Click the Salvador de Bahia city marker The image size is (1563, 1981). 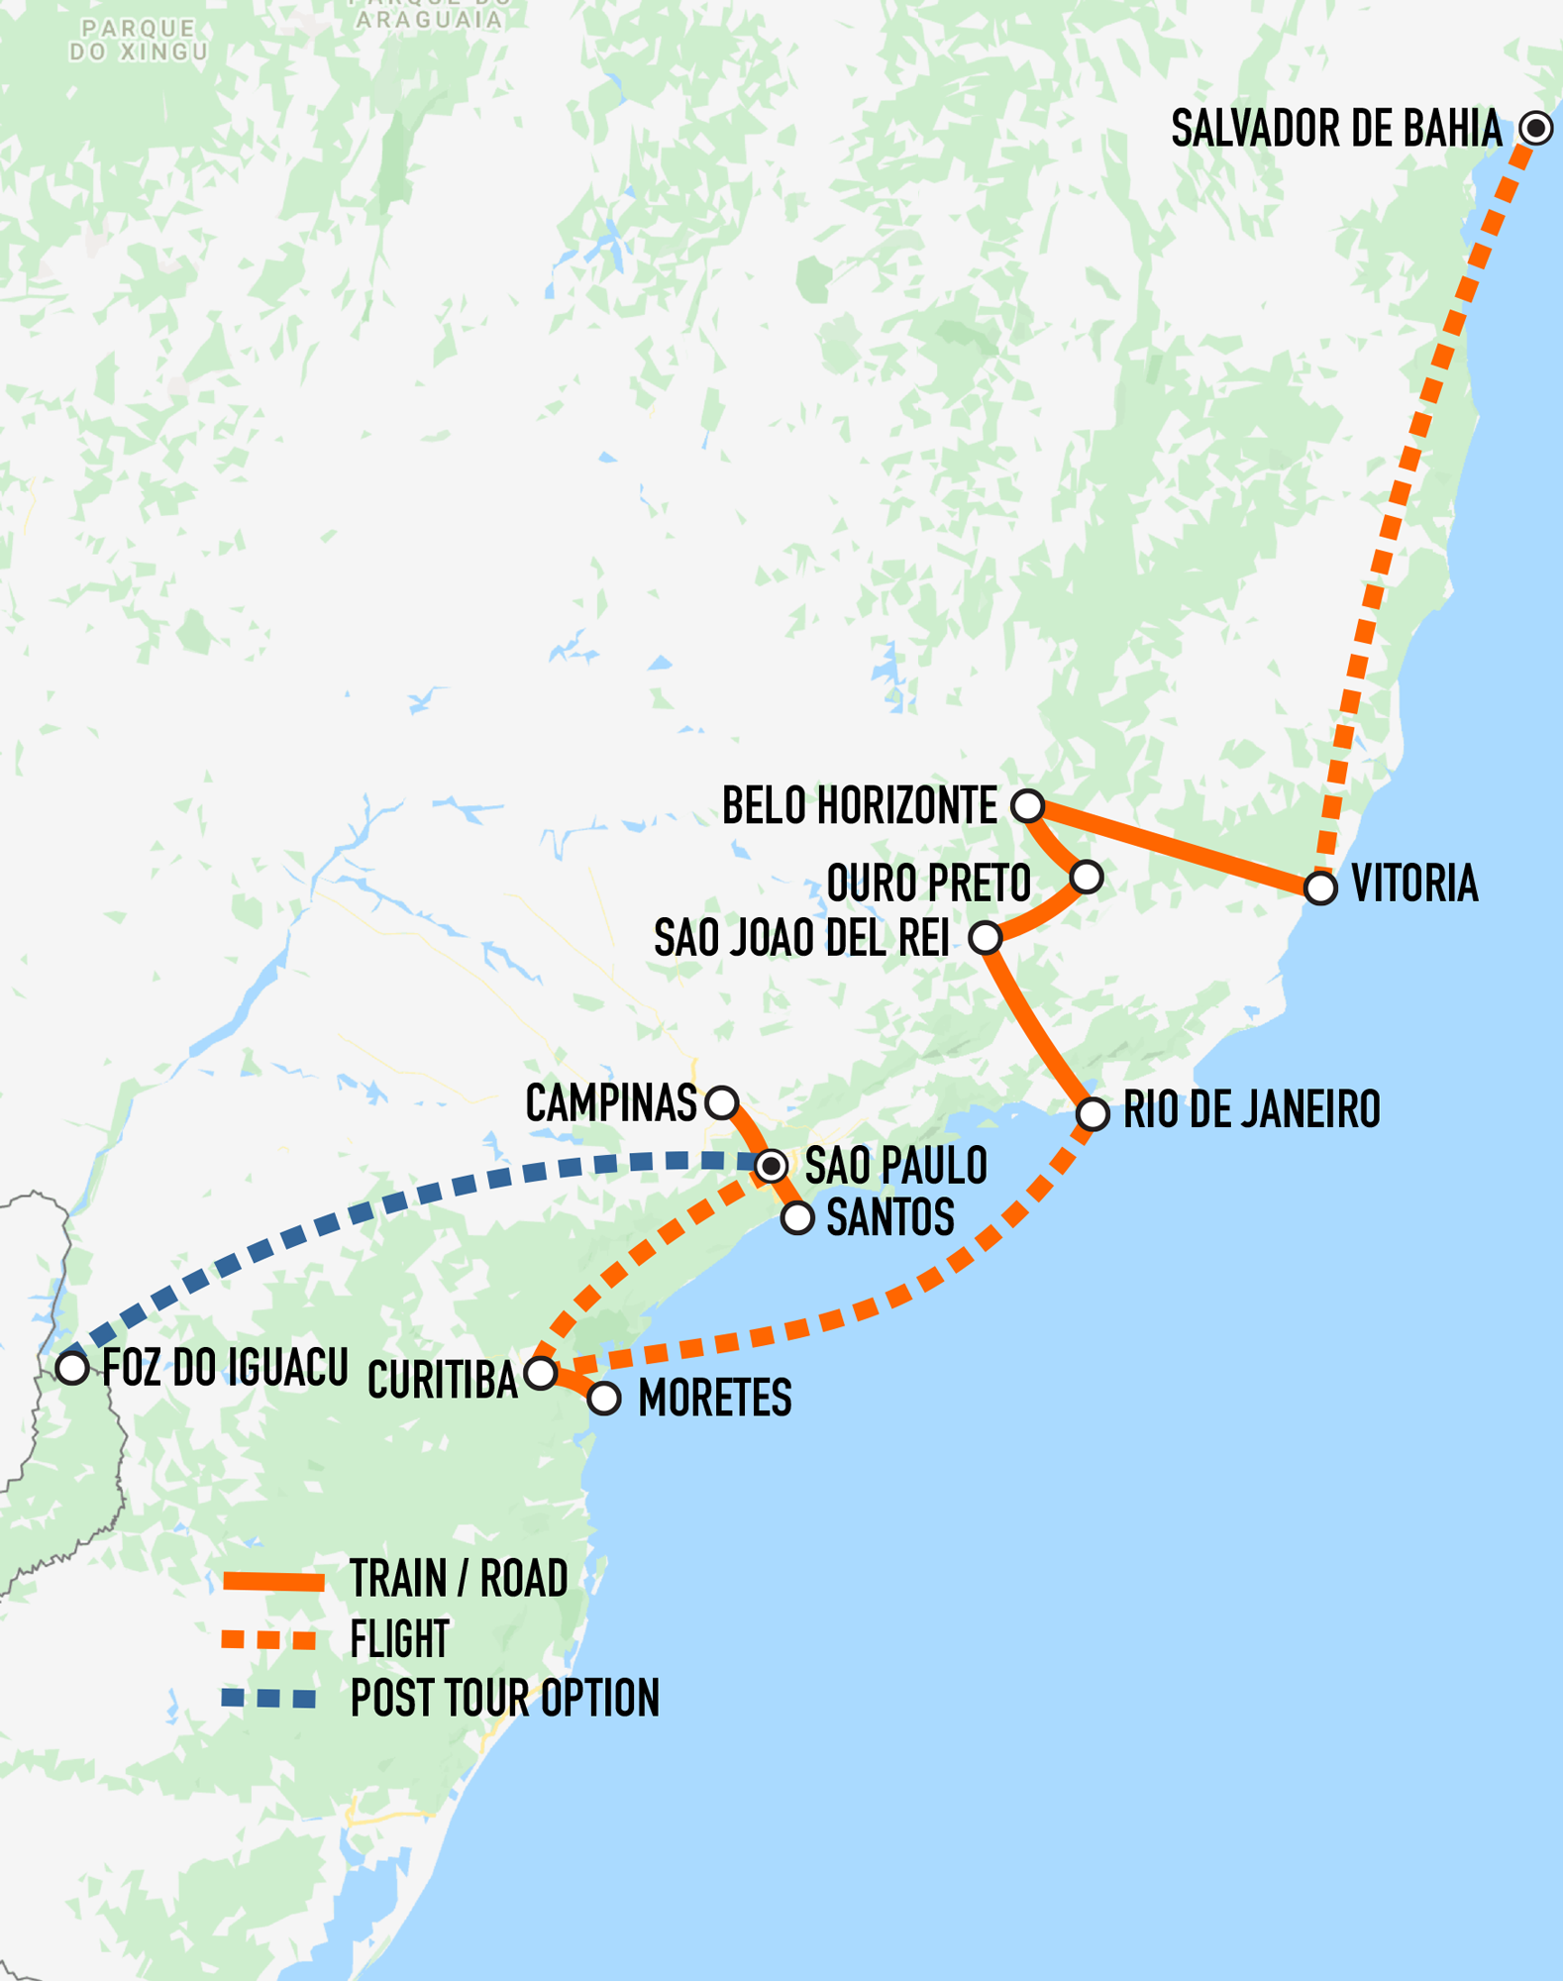[x=1536, y=128]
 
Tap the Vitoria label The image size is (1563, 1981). [x=1414, y=884]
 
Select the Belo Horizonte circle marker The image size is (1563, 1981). [x=1028, y=805]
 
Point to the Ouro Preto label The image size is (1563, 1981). [x=928, y=884]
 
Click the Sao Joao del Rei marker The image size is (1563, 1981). [x=986, y=937]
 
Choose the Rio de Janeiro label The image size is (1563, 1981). [x=1251, y=1110]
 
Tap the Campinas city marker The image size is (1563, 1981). [x=722, y=1101]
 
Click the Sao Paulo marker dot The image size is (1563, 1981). [x=772, y=1166]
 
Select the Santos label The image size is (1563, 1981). [x=889, y=1217]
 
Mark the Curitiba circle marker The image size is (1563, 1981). [x=541, y=1373]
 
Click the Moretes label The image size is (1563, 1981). [x=714, y=1399]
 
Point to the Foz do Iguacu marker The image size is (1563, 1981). [x=71, y=1368]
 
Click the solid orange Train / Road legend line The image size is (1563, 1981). [x=273, y=1581]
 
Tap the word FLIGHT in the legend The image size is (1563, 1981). [x=399, y=1640]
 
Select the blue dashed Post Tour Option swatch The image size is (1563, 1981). [x=269, y=1699]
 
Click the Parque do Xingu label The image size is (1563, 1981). [x=139, y=41]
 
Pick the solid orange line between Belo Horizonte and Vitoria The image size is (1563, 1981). [x=1174, y=846]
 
